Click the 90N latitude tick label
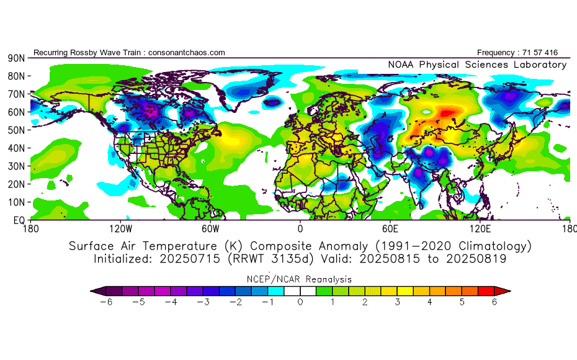click(x=16, y=58)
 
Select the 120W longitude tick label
click(x=120, y=229)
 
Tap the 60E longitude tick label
click(x=390, y=229)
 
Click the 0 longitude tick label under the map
click(x=300, y=229)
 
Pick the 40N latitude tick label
click(x=16, y=148)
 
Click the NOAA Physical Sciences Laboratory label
click(x=476, y=65)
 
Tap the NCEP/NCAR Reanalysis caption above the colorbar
click(x=300, y=279)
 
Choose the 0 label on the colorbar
click(x=300, y=302)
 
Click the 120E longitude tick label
click(x=480, y=229)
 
